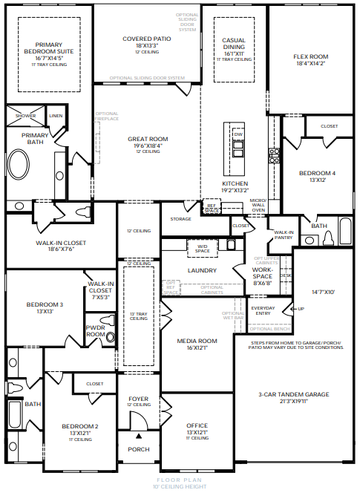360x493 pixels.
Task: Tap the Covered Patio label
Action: [147, 38]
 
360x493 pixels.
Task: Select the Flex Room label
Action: [310, 56]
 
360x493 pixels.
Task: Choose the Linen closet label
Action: [56, 117]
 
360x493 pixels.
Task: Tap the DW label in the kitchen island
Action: [238, 134]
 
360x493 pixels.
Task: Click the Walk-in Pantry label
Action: [284, 235]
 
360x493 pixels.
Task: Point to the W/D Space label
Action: [202, 248]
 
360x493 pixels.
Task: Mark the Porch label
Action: [139, 449]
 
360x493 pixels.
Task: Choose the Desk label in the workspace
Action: [286, 275]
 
